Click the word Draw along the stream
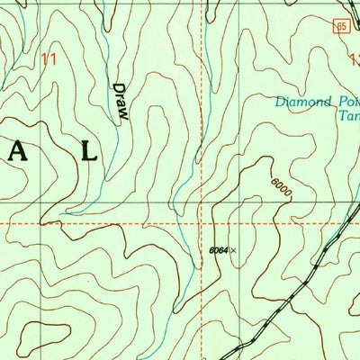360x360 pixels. coord(119,101)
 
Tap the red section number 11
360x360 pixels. coord(49,58)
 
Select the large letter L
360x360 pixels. coord(87,150)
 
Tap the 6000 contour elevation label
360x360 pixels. coord(281,189)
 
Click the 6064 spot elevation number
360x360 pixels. coord(217,250)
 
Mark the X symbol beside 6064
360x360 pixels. coord(233,250)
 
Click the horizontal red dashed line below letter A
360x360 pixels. coord(27,222)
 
